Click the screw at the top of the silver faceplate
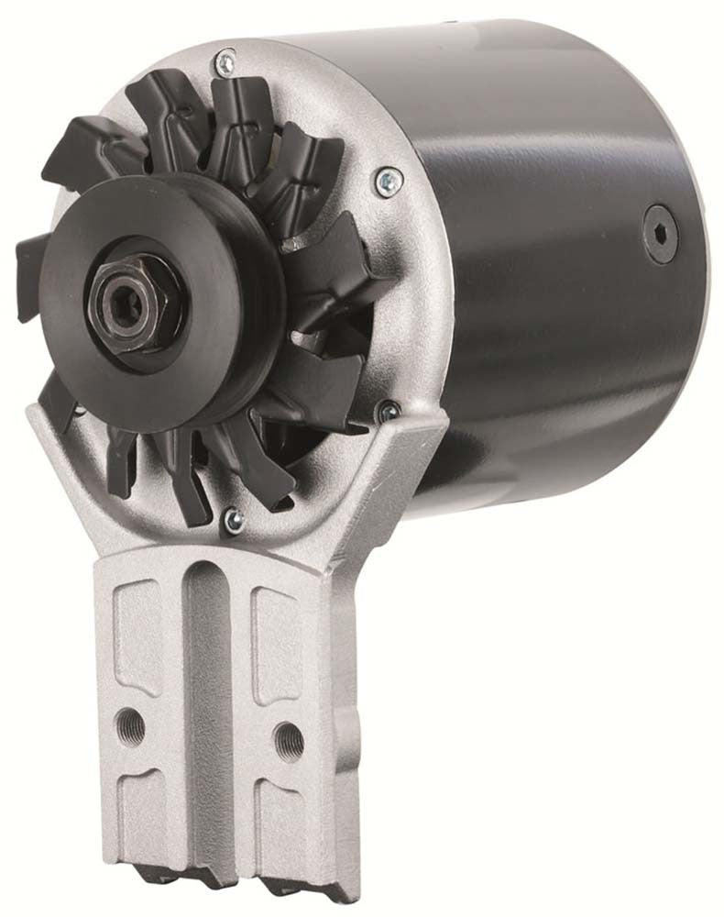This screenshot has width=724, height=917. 223,63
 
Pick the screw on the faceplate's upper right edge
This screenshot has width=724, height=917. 387,177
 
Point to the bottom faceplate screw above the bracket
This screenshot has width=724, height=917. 234,521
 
